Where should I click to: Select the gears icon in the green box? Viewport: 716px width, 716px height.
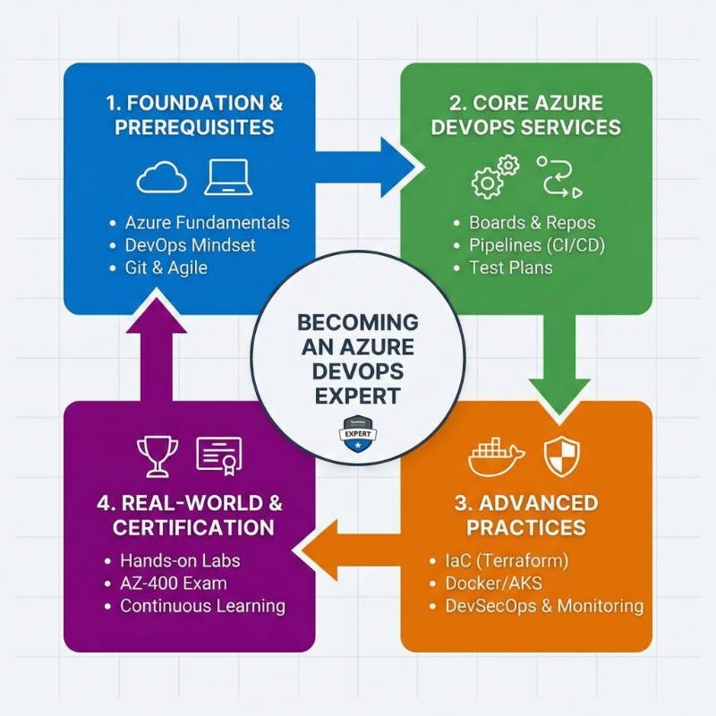coord(495,175)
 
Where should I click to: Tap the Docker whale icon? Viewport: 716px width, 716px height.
coord(495,457)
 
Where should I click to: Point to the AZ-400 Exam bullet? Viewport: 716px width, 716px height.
coord(173,584)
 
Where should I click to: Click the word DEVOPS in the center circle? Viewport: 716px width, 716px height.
coord(357,371)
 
